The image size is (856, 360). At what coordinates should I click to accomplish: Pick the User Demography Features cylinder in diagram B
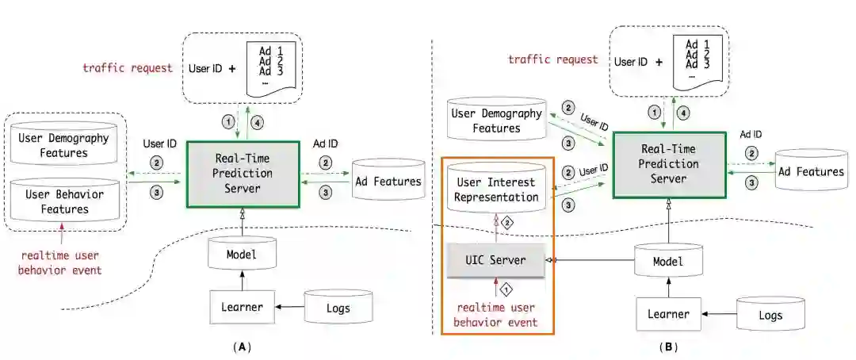coord(497,121)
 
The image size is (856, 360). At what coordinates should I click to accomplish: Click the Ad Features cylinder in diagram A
coord(388,182)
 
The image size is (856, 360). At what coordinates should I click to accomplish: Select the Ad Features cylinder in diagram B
coord(815,171)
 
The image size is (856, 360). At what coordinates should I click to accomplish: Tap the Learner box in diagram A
coord(242,307)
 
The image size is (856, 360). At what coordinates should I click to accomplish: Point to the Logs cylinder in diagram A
coord(338,308)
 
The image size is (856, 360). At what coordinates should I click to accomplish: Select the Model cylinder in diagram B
coord(668,260)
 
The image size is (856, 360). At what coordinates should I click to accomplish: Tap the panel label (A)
coord(242,347)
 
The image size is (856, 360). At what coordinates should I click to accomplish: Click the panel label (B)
coord(668,347)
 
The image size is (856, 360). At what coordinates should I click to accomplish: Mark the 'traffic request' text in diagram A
coord(128,67)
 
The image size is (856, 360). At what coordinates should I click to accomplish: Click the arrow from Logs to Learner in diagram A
coord(289,307)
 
